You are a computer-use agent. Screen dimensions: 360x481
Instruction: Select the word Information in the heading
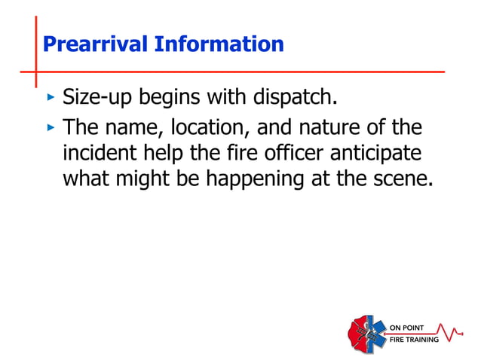tap(219, 44)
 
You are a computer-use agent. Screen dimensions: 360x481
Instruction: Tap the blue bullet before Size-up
tap(51, 98)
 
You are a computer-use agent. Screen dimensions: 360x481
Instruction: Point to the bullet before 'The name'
tap(51, 128)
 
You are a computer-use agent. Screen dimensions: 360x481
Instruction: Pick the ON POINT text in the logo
tap(406, 328)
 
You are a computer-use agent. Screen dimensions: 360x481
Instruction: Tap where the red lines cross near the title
tap(35, 72)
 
